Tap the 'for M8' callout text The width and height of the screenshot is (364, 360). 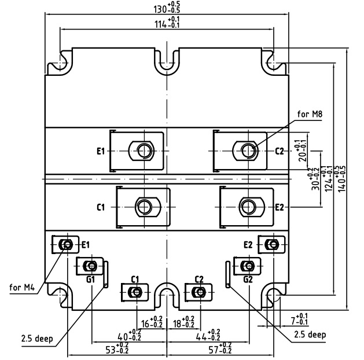click(310, 114)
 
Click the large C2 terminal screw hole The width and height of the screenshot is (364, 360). click(249, 151)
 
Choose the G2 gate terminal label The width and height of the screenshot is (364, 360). click(248, 279)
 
